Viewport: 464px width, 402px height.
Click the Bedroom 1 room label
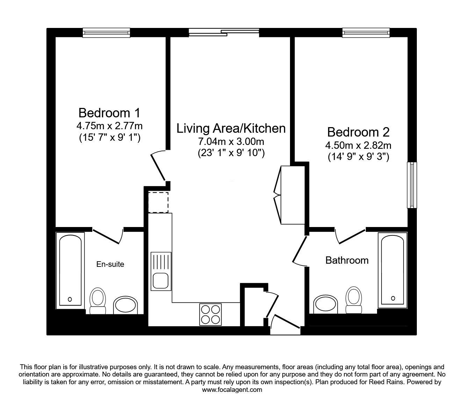109,113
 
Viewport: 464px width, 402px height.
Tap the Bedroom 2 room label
358,132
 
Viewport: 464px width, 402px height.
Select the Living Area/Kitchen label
231,129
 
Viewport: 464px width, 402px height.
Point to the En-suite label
110,264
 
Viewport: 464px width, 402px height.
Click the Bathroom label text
347,260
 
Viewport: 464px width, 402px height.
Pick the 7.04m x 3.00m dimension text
231,141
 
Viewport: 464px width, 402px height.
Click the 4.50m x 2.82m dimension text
358,145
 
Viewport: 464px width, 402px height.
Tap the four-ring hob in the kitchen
210,314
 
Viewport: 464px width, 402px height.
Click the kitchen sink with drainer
161,271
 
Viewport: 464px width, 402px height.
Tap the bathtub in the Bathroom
392,270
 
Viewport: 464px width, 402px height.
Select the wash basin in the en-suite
125,305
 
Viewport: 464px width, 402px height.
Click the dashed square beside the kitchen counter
158,202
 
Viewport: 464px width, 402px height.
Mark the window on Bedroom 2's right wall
413,185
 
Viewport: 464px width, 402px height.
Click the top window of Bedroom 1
106,33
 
